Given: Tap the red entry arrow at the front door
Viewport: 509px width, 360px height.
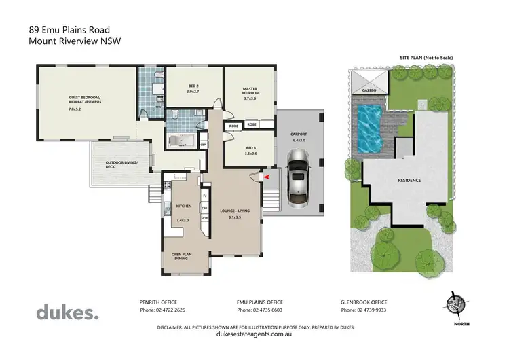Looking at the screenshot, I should point(266,177).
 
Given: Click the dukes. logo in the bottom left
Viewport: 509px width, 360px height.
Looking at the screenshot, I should point(67,312).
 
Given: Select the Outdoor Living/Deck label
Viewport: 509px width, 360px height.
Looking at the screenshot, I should point(121,165).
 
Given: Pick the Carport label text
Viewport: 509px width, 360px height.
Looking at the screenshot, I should point(299,136).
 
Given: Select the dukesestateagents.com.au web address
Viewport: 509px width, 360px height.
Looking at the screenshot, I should point(254,333).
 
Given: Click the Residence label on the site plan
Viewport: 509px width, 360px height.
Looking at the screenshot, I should point(409,181).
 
